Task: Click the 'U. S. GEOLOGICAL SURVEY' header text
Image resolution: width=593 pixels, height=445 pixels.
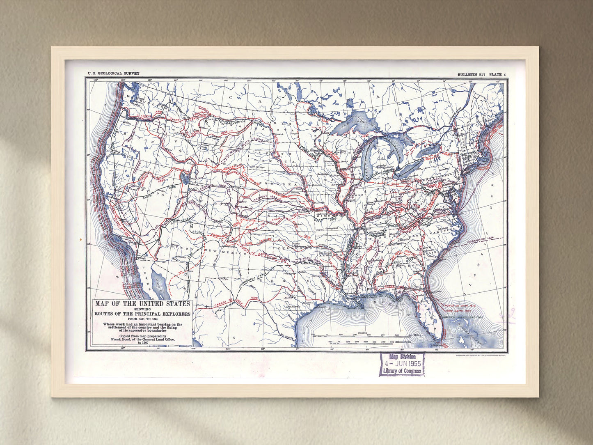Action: pyautogui.click(x=113, y=73)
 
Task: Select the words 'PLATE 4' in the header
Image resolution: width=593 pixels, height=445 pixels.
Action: pyautogui.click(x=497, y=74)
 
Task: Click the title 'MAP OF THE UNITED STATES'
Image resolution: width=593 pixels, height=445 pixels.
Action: pyautogui.click(x=142, y=304)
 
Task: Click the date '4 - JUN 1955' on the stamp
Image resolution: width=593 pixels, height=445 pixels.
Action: pyautogui.click(x=402, y=364)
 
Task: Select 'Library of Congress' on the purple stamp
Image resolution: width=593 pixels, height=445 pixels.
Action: pyautogui.click(x=402, y=371)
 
